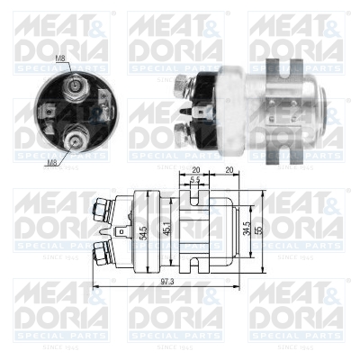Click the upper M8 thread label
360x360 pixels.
60,58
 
